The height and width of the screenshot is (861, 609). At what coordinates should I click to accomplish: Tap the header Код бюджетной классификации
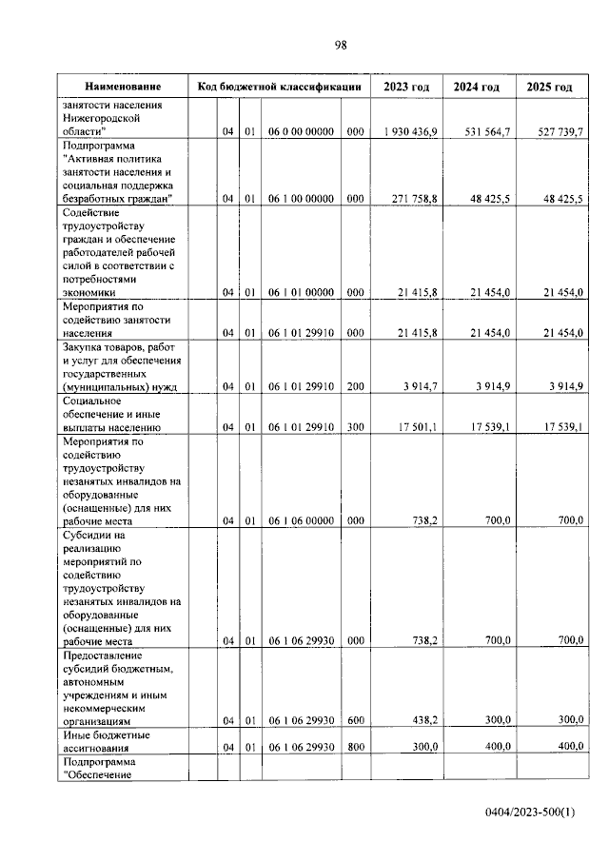click(279, 88)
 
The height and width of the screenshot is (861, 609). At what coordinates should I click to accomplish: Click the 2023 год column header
click(406, 88)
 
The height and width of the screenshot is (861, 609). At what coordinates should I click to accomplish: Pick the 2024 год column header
click(477, 88)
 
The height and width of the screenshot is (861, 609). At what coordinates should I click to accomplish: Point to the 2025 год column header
click(549, 88)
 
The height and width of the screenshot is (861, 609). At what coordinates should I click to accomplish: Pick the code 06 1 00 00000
click(299, 199)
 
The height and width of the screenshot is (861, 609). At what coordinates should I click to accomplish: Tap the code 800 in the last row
click(355, 748)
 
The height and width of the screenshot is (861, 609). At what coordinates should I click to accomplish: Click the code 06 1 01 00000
click(299, 294)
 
